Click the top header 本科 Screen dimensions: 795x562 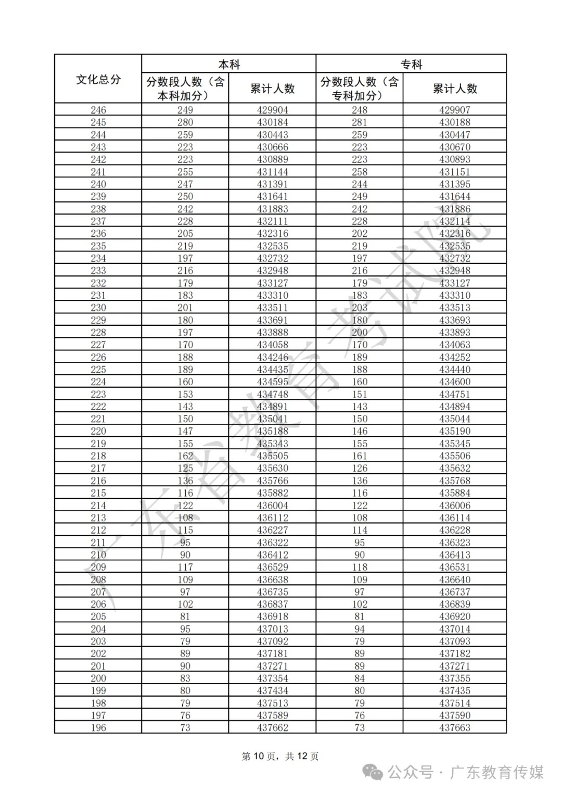tap(228, 65)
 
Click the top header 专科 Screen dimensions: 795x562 tap(411, 65)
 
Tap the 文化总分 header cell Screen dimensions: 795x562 tap(98, 80)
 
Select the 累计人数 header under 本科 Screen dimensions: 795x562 tap(272, 89)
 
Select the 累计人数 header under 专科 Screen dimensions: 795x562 tap(455, 89)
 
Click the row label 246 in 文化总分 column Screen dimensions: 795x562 tap(98, 110)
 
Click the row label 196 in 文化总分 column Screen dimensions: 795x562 tap(98, 728)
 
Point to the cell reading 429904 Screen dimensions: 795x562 tap(272, 110)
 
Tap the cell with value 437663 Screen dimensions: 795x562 tap(455, 728)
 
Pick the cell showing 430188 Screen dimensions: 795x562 tap(455, 122)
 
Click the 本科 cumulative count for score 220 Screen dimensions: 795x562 tap(272, 431)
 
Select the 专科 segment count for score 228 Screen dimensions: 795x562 tap(360, 332)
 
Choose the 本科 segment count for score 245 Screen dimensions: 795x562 tap(185, 122)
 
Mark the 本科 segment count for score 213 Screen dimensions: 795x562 tap(185, 518)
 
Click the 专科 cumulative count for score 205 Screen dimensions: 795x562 tap(455, 616)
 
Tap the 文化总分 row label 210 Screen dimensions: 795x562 tap(98, 555)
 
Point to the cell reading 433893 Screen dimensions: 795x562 tap(455, 332)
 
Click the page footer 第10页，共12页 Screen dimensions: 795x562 tap(280, 756)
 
